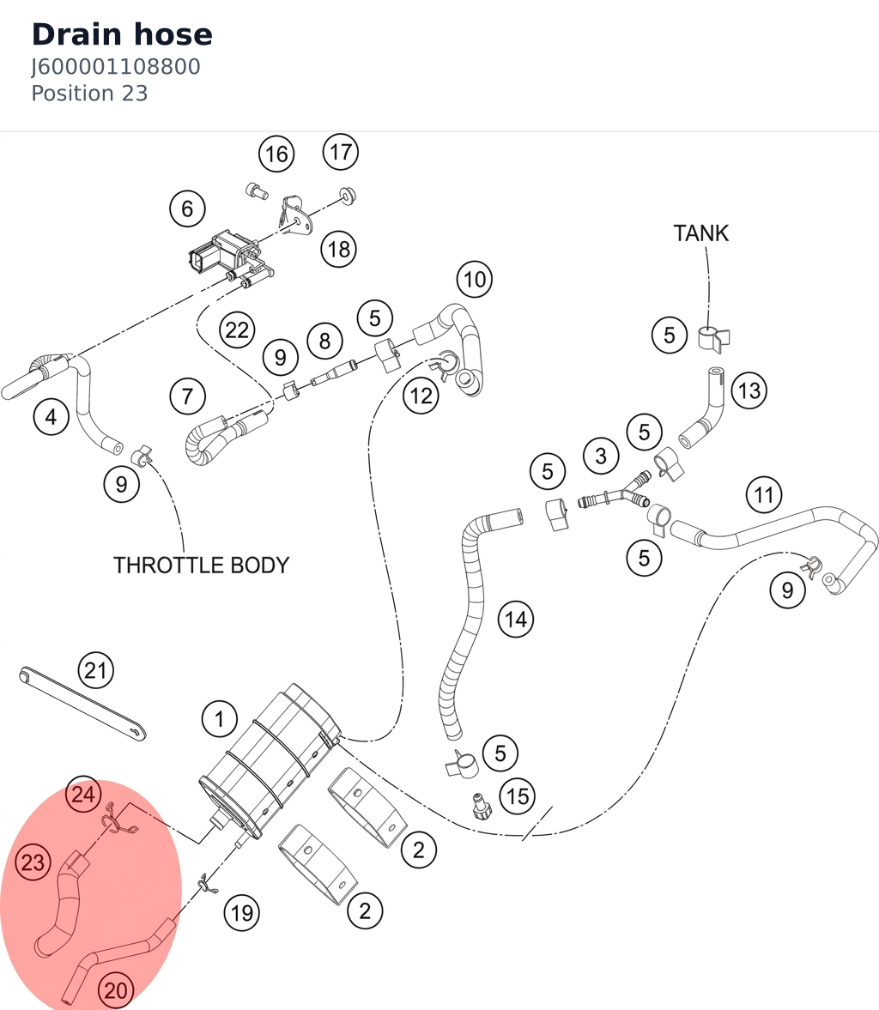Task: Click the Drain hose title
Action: click(x=122, y=35)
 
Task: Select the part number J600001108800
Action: click(x=116, y=67)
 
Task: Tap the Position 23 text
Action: click(x=89, y=94)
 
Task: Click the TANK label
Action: click(x=701, y=233)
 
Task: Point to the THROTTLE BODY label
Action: click(x=201, y=565)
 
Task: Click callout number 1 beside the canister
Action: click(x=219, y=719)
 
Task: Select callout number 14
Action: click(x=516, y=619)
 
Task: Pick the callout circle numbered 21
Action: click(x=95, y=670)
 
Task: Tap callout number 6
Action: click(x=187, y=209)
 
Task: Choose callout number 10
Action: click(x=475, y=280)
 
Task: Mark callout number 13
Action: click(x=749, y=390)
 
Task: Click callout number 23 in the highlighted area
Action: click(x=33, y=862)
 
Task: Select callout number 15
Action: click(x=518, y=797)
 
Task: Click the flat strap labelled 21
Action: click(x=82, y=704)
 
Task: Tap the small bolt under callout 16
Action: click(x=258, y=191)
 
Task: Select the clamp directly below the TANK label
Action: click(x=713, y=339)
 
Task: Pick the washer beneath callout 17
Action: click(x=348, y=195)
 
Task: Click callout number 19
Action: click(x=242, y=913)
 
